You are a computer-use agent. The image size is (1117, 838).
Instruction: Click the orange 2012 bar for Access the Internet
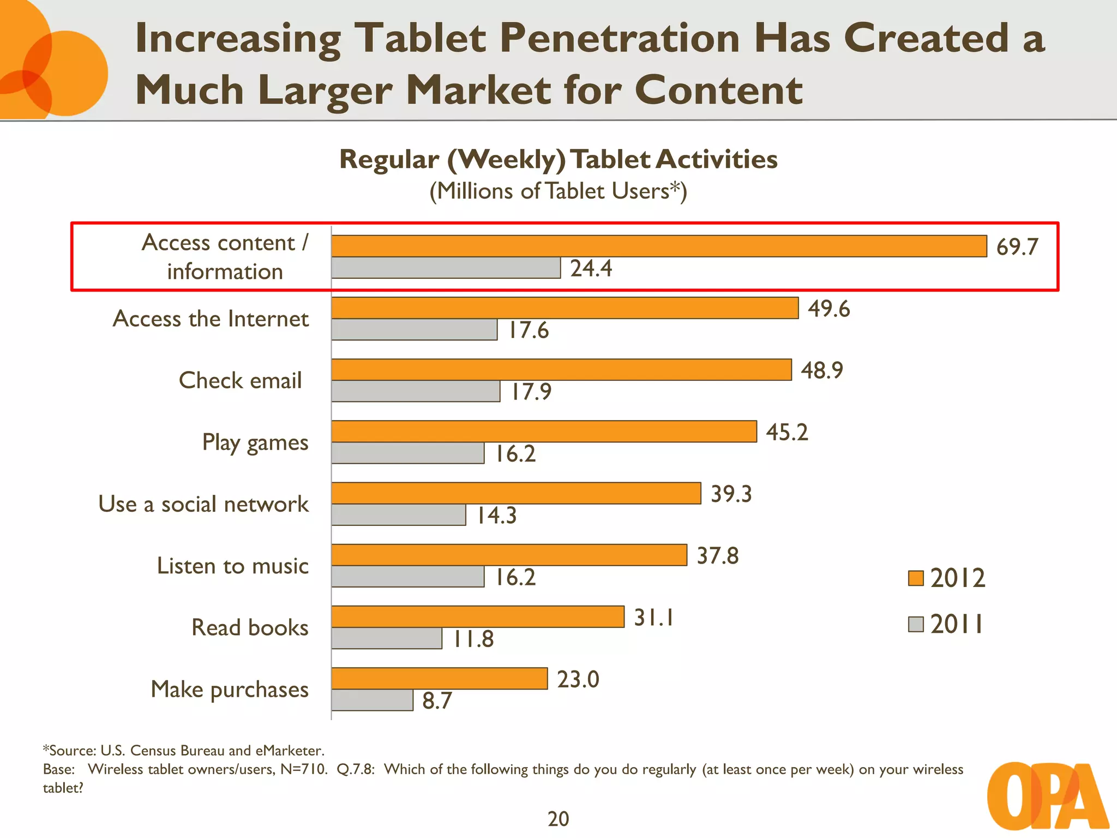click(x=564, y=308)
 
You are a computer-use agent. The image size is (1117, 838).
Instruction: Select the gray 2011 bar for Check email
click(x=416, y=391)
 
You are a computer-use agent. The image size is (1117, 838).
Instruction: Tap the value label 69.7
click(x=1017, y=247)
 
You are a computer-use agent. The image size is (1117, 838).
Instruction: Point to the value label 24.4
click(x=591, y=268)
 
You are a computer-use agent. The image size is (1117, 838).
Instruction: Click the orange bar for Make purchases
click(x=439, y=678)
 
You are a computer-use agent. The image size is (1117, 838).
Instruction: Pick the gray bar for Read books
click(x=386, y=638)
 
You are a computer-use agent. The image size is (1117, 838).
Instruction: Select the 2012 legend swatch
click(x=916, y=578)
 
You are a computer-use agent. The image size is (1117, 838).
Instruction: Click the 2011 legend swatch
click(x=916, y=624)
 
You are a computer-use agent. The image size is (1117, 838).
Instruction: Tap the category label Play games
click(x=255, y=442)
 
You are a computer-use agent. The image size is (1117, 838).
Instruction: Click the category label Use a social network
click(x=203, y=504)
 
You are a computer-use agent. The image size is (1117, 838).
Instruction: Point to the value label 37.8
click(x=718, y=556)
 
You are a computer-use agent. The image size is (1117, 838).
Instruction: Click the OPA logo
click(x=1047, y=796)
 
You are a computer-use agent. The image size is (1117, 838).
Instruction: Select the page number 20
click(x=558, y=819)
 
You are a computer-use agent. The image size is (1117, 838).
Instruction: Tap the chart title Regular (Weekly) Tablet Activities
click(x=558, y=159)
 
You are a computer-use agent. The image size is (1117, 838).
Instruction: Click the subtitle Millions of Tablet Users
click(x=558, y=191)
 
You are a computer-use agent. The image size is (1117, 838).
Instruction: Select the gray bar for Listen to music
click(x=407, y=577)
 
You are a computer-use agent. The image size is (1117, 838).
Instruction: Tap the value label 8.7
click(x=437, y=701)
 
